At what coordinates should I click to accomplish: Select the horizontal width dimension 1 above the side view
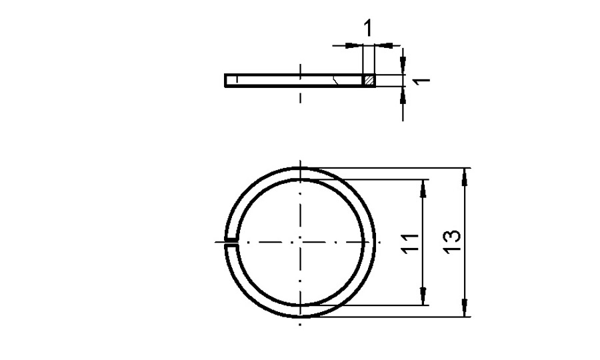pos(367,29)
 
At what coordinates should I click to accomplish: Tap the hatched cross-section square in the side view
pos(369,80)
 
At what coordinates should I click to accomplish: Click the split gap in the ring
pos(231,241)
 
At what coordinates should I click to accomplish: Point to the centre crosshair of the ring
pos(301,241)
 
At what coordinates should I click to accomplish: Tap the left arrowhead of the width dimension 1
pos(357,45)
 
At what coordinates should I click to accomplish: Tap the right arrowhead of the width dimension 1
pos(381,45)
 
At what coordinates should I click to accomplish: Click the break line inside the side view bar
pos(340,80)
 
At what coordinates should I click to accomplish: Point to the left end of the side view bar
pos(226,80)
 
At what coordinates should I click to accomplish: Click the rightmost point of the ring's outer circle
pos(375,241)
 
